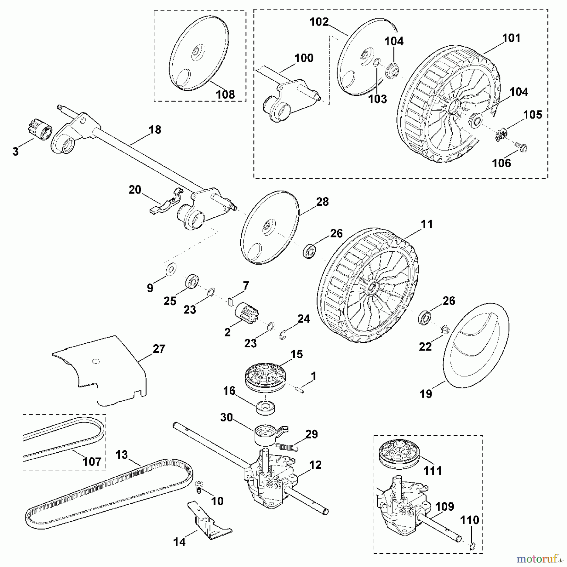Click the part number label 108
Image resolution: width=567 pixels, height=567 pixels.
(x=225, y=94)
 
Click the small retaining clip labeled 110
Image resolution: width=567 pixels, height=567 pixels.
(x=472, y=547)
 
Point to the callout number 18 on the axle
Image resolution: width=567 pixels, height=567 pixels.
(x=155, y=130)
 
